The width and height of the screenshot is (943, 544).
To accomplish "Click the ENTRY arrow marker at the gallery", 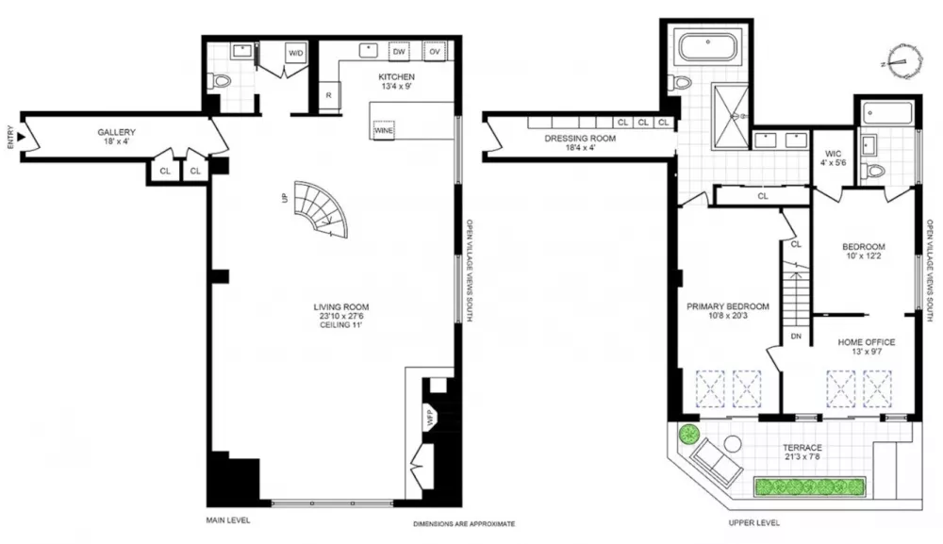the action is pos(21,138).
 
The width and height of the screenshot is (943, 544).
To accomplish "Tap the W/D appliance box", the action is pos(295,53).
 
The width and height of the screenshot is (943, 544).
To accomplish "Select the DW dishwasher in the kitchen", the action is pos(399,52).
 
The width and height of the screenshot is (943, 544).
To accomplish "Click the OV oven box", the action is pos(434,52).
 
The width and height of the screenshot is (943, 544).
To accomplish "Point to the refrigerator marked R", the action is pos(329,95).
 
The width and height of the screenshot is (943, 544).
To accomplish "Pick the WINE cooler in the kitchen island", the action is pos(384,130).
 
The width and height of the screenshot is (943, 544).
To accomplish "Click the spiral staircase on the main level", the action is pos(322,209).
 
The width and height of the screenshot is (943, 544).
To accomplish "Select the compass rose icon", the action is pos(903,61).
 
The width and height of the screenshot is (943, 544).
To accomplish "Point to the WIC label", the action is pos(834,154).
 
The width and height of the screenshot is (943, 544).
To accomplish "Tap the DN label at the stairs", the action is pos(796,337).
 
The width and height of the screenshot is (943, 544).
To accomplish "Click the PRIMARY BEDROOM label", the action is pos(728,306).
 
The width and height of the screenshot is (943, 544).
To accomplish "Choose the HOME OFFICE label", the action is pos(867,342).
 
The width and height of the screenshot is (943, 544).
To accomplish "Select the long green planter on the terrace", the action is pos(810,486).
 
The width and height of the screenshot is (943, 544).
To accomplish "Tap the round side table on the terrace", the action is pos(732,444).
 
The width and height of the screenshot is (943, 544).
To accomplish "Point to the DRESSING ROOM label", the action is pos(580,139).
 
